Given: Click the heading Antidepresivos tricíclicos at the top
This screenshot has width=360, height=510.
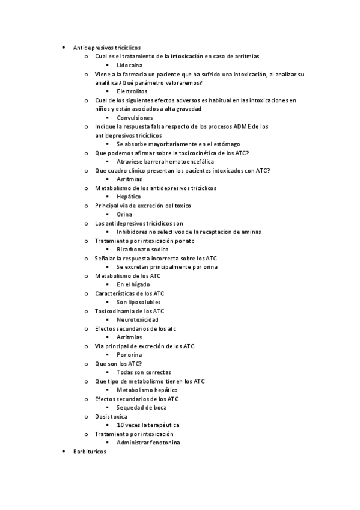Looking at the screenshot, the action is coord(107,47).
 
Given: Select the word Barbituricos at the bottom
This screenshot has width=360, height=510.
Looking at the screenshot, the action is coord(89,451).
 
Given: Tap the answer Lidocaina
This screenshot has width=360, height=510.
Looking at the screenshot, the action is coord(130,64).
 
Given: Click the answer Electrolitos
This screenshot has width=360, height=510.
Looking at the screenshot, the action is coord(133,91).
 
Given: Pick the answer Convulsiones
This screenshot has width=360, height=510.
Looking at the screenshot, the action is coord(135,118).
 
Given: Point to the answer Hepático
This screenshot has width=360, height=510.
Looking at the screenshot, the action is coord(129,197).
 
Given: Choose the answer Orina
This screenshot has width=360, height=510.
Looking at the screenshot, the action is coord(125,214).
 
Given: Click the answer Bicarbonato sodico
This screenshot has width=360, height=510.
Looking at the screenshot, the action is coord(142,249).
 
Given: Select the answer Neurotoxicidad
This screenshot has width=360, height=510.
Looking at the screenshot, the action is coord(138,319).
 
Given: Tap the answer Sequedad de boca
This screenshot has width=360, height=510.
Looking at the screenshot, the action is coord(142,407).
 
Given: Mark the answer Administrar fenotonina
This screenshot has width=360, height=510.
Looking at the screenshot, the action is coord(148,443).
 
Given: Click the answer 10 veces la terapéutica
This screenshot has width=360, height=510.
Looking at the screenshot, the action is coord(148,425).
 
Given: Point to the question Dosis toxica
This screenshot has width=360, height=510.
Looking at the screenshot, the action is coord(111,416).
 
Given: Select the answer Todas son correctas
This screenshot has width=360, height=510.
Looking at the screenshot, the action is coord(144,372).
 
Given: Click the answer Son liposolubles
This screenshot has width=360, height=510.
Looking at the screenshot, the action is coord(139,302).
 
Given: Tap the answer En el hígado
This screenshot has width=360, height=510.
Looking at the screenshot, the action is coord(133,284).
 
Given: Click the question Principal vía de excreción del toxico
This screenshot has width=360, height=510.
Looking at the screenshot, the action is coord(143,206).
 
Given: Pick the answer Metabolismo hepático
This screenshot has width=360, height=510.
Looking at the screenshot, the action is coord(147,390).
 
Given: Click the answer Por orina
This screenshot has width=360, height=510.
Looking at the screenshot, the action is coord(129,355).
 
